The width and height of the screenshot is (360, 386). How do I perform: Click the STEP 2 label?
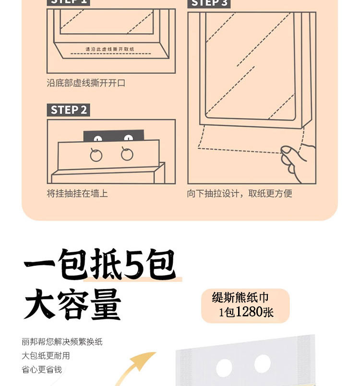(69, 110)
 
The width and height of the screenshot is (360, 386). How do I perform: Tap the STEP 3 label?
(209, 3)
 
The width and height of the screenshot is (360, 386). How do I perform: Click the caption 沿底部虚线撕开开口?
(86, 83)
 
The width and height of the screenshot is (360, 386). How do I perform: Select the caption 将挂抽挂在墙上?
(77, 193)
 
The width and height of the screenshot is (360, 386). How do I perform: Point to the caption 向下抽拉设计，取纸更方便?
(240, 193)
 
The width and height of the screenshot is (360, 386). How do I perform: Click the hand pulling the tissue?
(299, 162)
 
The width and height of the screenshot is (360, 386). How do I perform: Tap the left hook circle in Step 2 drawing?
(96, 154)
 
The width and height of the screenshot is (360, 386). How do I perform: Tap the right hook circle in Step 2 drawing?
(127, 153)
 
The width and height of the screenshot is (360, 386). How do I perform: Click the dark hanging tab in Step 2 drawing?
(114, 136)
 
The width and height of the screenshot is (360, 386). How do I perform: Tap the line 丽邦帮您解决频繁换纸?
(62, 342)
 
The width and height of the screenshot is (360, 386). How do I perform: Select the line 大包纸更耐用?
(46, 356)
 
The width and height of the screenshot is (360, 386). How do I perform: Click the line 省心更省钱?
(42, 370)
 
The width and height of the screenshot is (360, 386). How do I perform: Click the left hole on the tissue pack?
(224, 368)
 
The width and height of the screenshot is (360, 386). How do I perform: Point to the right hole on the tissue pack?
(263, 364)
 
